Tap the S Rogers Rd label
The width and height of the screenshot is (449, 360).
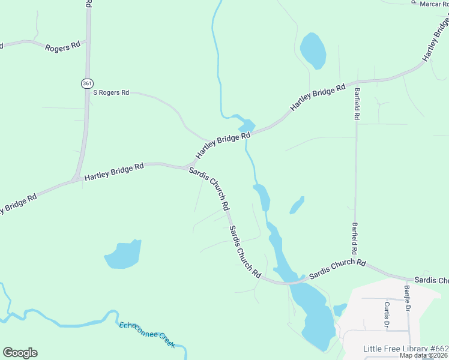[111, 92]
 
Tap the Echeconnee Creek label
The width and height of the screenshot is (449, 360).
[147, 334]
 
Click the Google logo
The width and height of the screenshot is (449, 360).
[20, 353]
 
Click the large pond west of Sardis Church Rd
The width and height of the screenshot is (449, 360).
[124, 254]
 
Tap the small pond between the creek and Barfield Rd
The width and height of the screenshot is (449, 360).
[297, 205]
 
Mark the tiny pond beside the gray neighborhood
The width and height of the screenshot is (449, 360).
[340, 310]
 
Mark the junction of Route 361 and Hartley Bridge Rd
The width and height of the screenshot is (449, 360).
[77, 179]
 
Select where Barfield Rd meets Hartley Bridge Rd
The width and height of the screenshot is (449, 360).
[355, 82]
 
